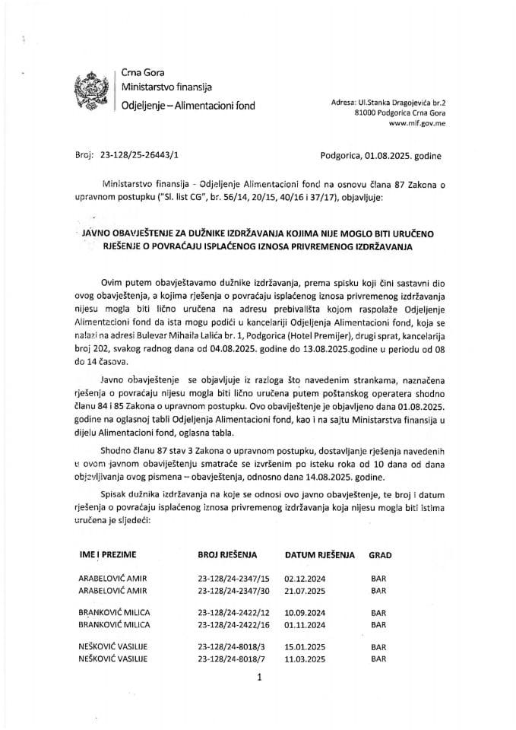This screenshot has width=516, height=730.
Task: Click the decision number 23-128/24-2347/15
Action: coord(227,579)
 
